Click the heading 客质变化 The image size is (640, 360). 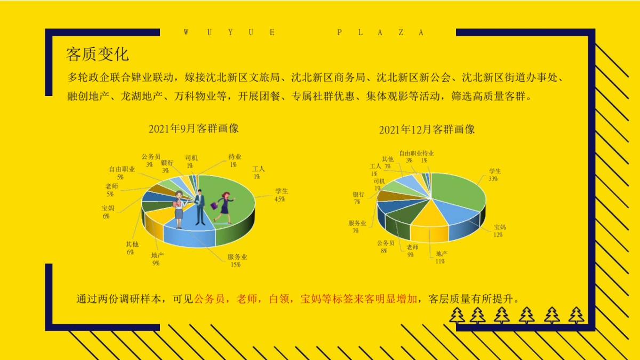point(97,54)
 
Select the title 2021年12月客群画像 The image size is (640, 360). point(427,130)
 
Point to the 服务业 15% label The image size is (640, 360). point(237,260)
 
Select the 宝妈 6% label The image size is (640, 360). point(108,212)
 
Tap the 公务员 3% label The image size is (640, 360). point(150,161)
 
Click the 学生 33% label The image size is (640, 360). point(494,175)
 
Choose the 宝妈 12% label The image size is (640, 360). point(499,230)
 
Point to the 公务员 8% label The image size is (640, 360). point(385,246)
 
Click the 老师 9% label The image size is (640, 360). point(412,251)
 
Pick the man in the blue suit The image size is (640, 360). point(200,208)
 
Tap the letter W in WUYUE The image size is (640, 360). point(186,33)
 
